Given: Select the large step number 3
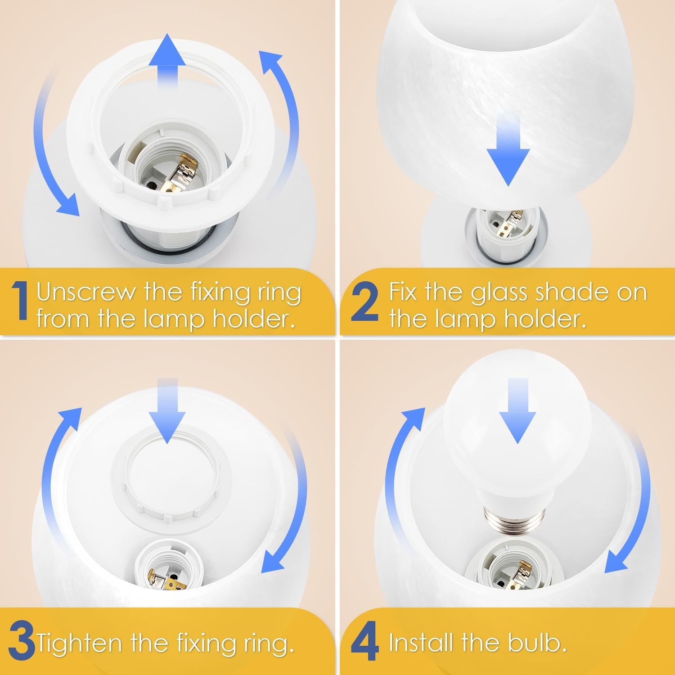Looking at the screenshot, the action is tap(21, 643).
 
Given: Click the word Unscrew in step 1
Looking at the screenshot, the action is tap(86, 292).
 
